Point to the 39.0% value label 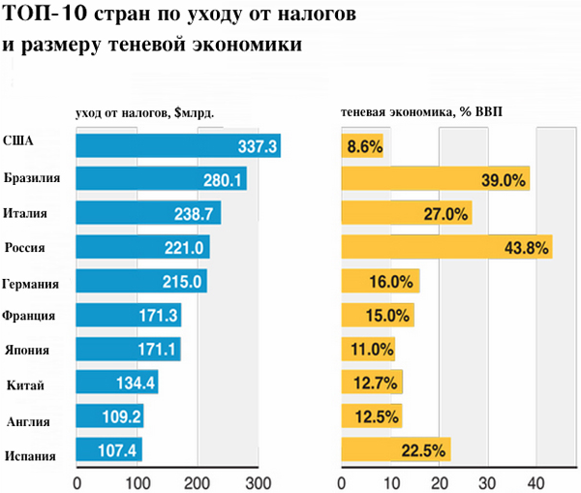tap(505, 180)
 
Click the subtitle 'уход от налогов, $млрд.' tap(143, 112)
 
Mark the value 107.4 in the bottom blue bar tap(119, 451)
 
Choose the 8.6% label tap(364, 147)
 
